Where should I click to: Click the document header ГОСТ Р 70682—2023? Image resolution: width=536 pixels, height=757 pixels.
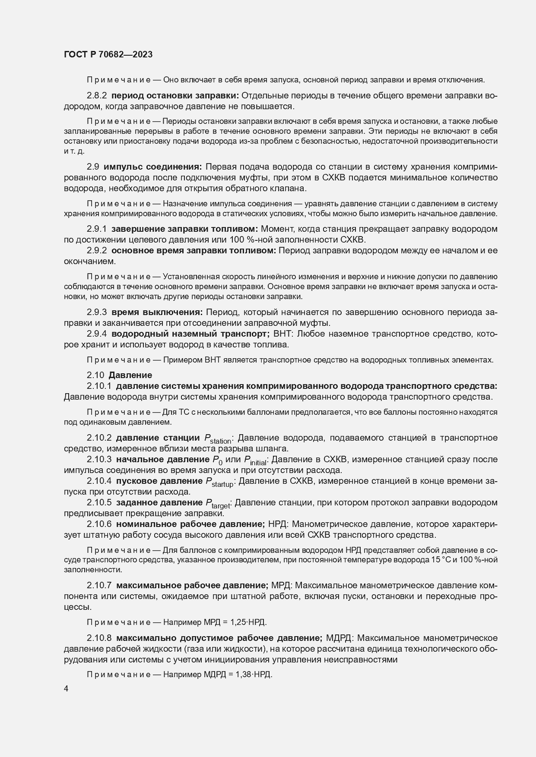[x=108, y=55]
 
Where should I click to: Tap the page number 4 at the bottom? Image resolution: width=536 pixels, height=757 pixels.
[x=66, y=689]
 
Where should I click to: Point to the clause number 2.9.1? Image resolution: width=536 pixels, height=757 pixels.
[x=97, y=229]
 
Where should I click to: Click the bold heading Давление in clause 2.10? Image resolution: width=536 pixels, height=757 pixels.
[x=130, y=375]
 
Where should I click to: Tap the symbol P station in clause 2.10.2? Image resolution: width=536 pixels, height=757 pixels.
[x=219, y=439]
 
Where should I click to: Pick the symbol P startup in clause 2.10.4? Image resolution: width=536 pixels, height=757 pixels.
[x=219, y=482]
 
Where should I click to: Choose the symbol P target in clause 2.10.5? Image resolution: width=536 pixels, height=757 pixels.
[x=218, y=504]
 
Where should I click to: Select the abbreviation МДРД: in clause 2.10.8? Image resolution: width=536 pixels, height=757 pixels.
[x=340, y=638]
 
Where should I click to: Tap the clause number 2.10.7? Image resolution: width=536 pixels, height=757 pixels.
[x=99, y=585]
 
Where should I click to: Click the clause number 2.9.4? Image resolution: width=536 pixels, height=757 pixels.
[x=97, y=334]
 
